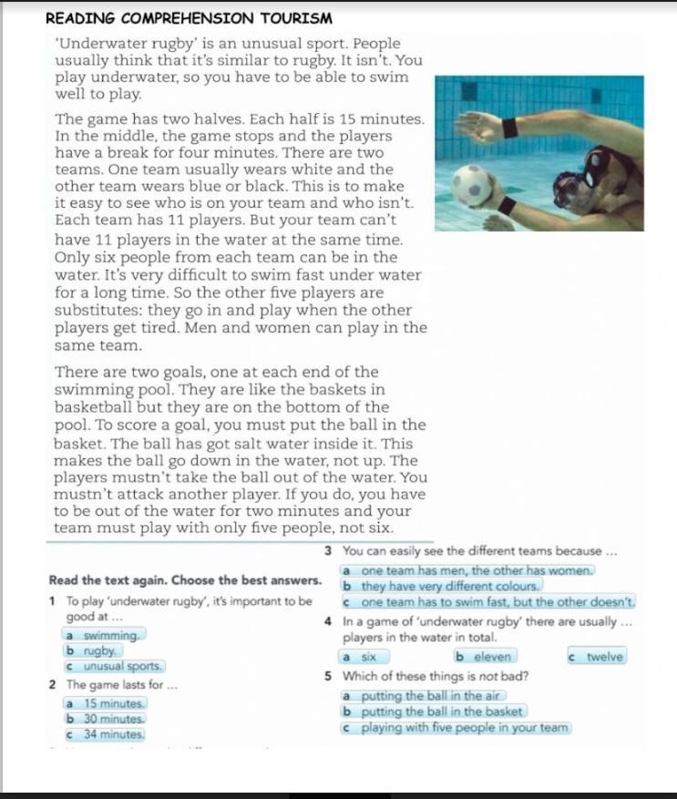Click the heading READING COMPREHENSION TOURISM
point(189,18)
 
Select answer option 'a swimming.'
point(103,635)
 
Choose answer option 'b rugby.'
point(92,651)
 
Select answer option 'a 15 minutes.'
point(105,703)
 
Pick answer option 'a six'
point(364,657)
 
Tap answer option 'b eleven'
point(485,657)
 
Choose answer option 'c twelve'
point(597,657)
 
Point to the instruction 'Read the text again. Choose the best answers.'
point(185,580)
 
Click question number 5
point(327,677)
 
